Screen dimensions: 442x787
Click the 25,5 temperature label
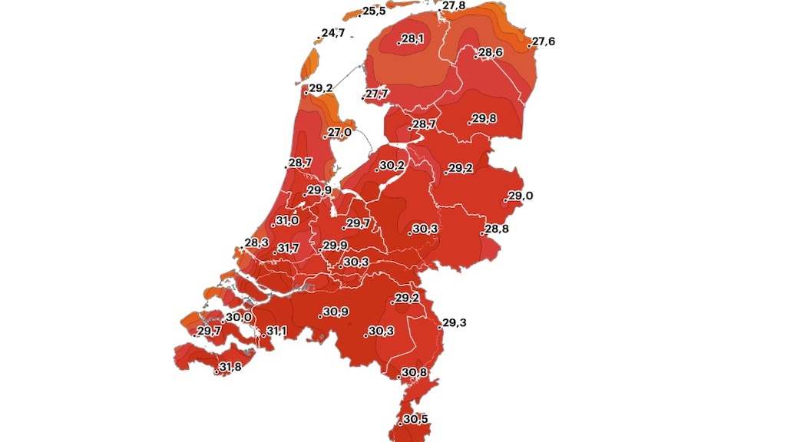pyautogui.click(x=374, y=11)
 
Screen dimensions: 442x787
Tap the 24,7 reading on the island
pyautogui.click(x=333, y=33)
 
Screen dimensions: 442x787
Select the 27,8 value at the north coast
pyautogui.click(x=453, y=5)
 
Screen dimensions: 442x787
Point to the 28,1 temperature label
pyautogui.click(x=412, y=38)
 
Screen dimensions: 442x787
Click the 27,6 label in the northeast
pyautogui.click(x=544, y=41)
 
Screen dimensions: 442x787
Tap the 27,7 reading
pyautogui.click(x=377, y=94)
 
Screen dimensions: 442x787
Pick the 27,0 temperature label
pyautogui.click(x=339, y=132)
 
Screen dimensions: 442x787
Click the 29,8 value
pyautogui.click(x=484, y=118)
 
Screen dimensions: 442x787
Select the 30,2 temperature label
pyautogui.click(x=392, y=165)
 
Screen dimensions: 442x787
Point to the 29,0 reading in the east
pyautogui.click(x=520, y=196)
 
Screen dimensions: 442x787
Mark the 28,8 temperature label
pyautogui.click(x=495, y=229)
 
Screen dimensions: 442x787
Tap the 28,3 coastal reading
pyautogui.click(x=256, y=243)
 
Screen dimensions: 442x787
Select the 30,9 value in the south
pyautogui.click(x=335, y=312)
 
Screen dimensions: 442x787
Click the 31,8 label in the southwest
pyautogui.click(x=230, y=367)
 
